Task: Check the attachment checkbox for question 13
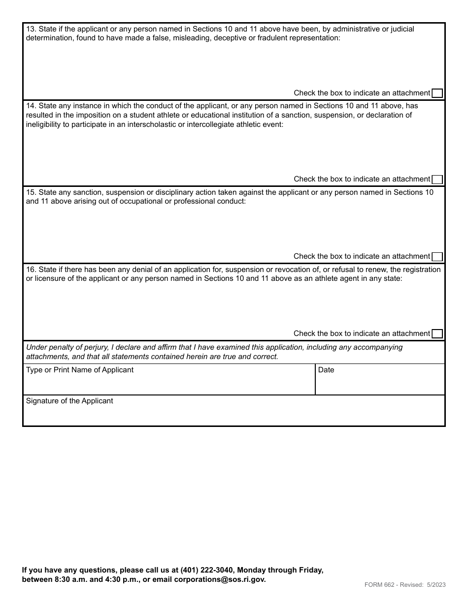point(437,93)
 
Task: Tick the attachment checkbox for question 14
point(437,180)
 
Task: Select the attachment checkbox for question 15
point(437,257)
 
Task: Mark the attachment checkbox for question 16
point(437,334)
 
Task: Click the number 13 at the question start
point(30,29)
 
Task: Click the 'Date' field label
point(326,370)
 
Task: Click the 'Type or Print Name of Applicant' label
point(80,370)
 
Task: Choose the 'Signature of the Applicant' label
point(69,401)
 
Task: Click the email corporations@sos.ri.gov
point(220,579)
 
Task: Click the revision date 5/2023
point(436,585)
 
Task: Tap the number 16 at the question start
point(30,270)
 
